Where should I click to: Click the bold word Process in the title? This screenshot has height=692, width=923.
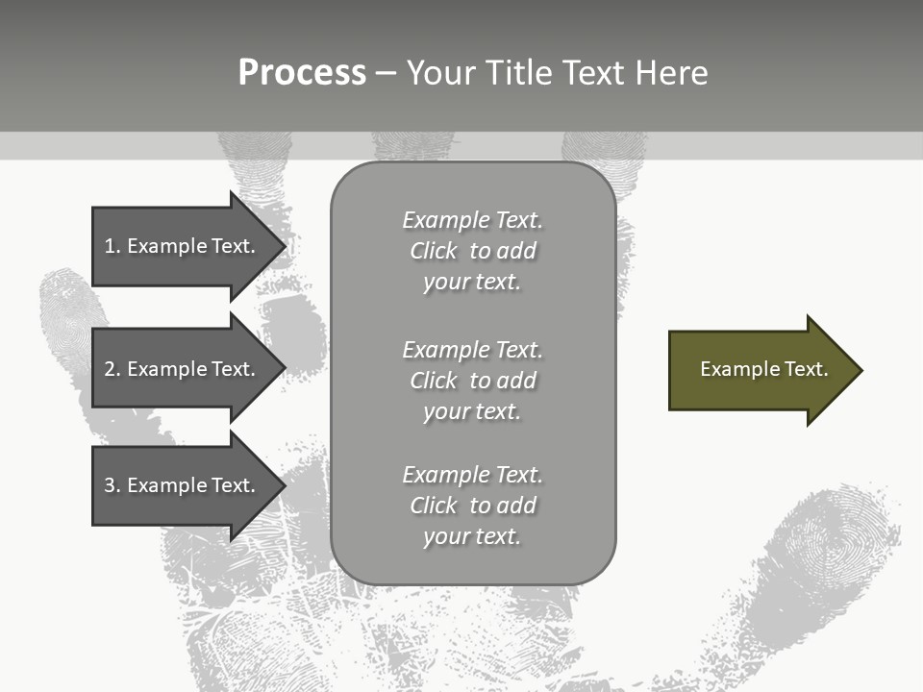(302, 73)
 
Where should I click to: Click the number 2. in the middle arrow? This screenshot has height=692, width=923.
(112, 369)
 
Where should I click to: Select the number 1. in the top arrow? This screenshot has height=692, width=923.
(112, 246)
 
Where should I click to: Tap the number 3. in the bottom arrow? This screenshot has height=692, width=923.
(112, 485)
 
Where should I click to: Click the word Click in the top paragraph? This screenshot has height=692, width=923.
(434, 251)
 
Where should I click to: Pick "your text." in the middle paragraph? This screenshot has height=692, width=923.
(471, 411)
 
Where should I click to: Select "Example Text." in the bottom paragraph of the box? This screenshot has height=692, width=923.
(472, 475)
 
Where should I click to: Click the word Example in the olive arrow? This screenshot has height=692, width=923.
(733, 369)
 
